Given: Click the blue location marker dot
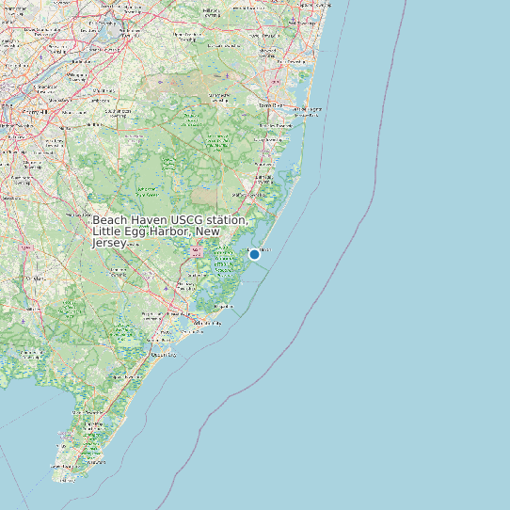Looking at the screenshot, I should [254, 254].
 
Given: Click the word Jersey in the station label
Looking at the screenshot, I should [109, 243].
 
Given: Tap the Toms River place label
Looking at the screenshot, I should [270, 106].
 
